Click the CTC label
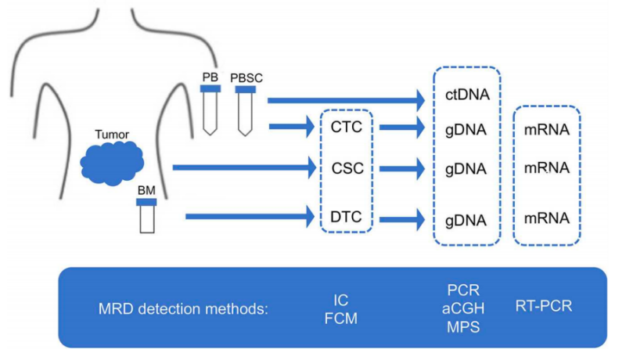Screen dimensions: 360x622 346,127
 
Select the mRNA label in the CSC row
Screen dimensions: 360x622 547,167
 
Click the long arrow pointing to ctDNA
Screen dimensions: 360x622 344,99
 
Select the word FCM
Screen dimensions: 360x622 340,317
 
